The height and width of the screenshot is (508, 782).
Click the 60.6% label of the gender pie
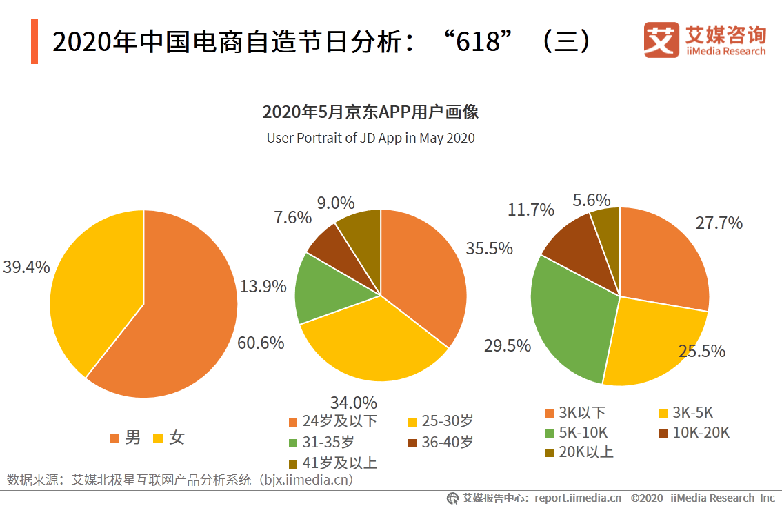261,343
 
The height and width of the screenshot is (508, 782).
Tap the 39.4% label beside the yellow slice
26,267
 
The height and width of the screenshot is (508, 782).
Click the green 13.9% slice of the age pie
324,289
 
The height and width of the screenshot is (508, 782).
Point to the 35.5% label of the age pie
489,249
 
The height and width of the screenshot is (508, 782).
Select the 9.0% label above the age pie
336,203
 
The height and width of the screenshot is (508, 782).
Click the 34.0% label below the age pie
354,402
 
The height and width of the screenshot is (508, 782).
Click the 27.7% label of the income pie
719,223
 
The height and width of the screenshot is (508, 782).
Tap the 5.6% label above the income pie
592,201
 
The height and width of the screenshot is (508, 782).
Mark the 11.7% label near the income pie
531,210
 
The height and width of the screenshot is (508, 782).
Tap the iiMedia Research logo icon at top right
661,41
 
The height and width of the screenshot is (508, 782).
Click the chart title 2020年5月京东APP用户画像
370,112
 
